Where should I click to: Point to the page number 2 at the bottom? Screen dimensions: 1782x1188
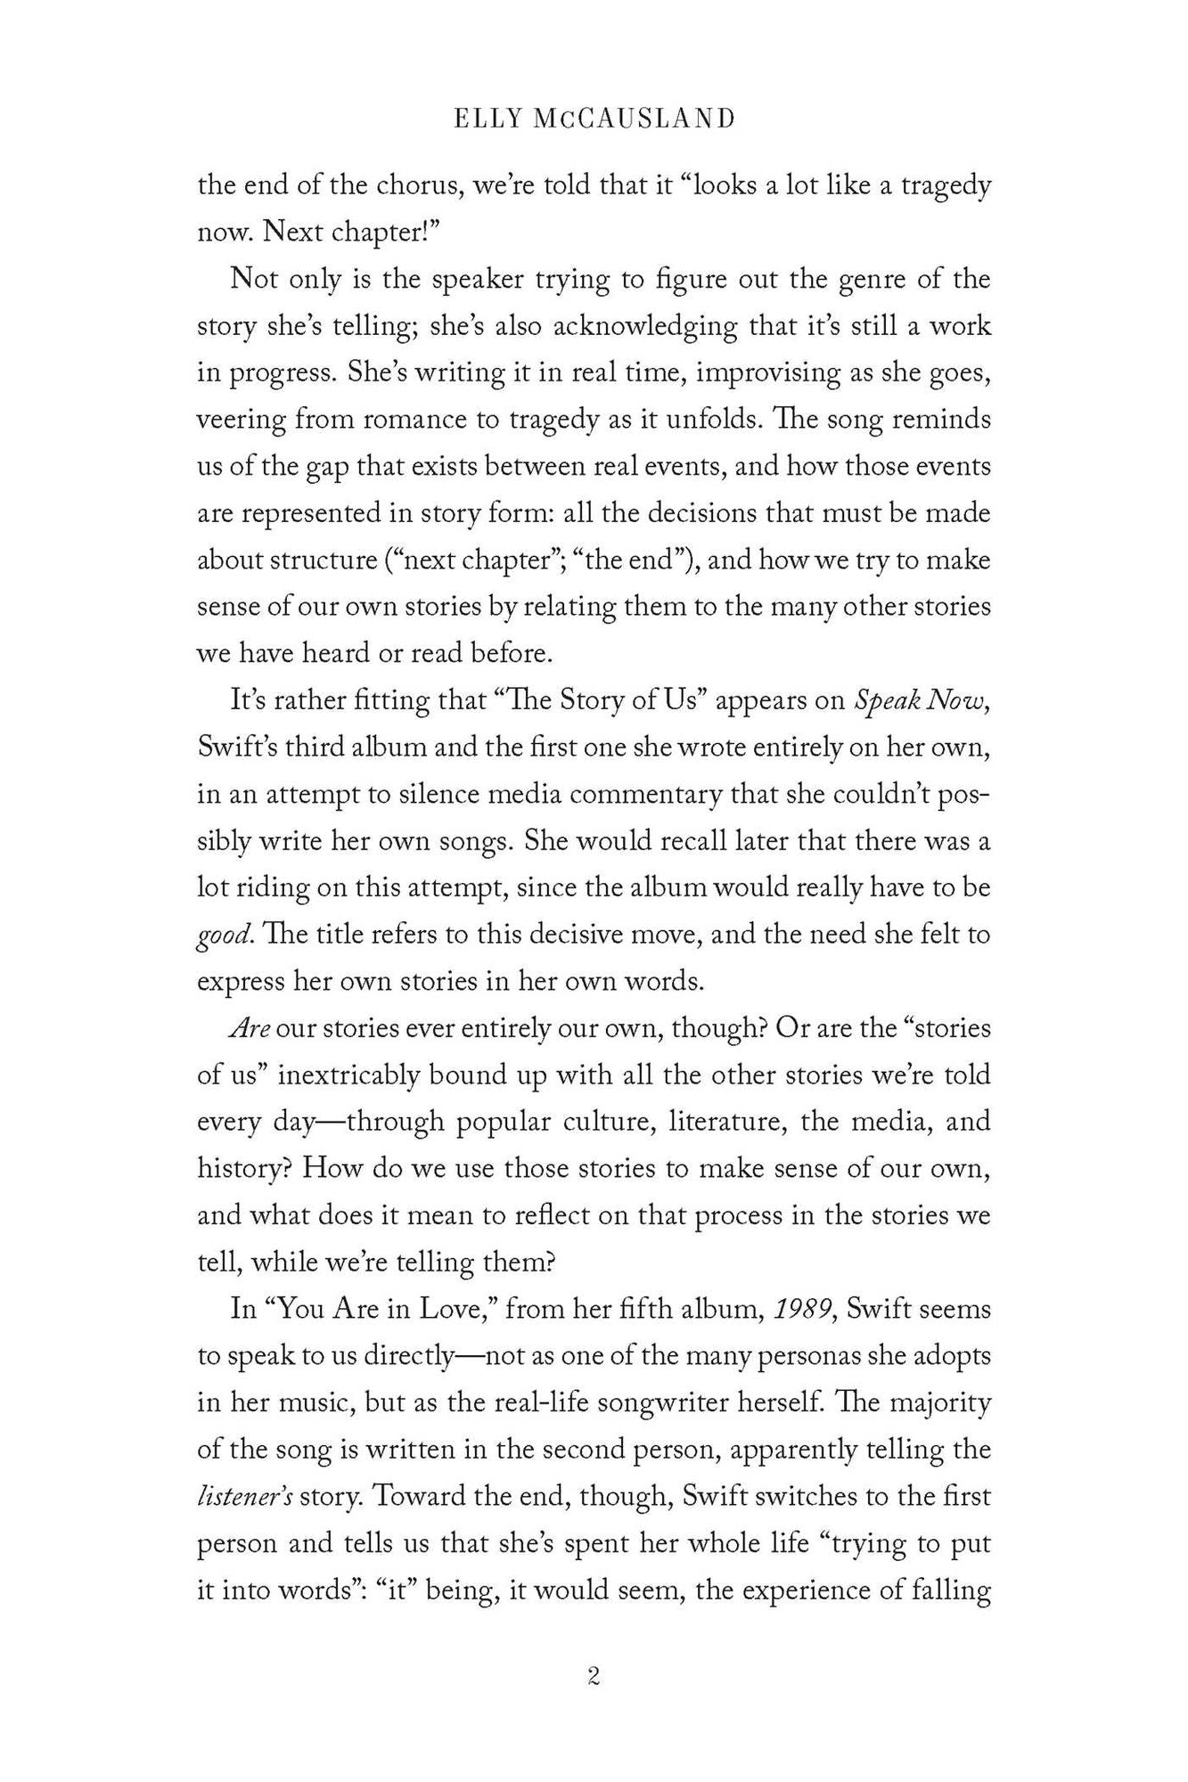594,1677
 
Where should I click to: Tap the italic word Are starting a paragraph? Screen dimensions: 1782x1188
250,1028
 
